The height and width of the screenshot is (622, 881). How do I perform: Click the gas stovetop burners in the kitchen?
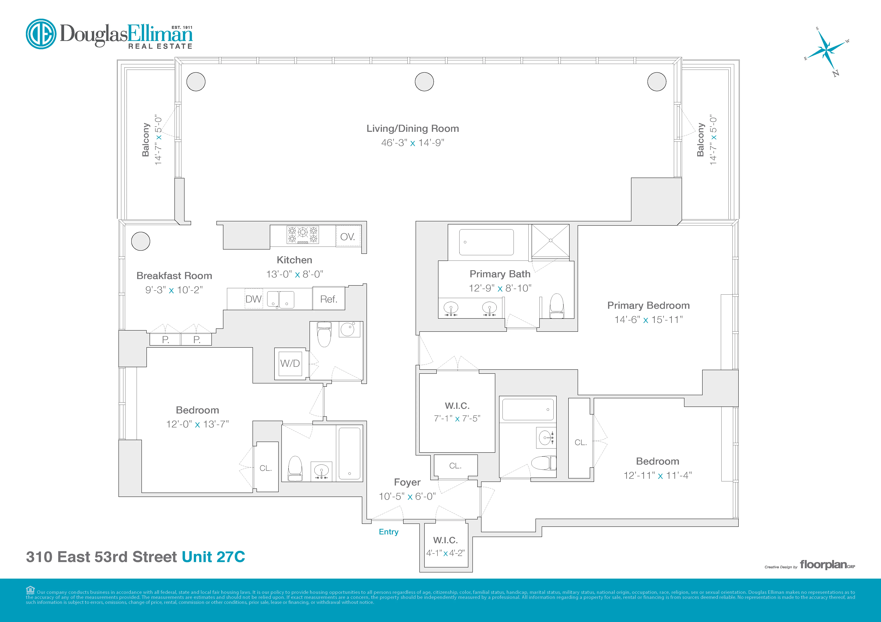303,235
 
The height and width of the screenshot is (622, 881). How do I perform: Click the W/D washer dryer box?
290,363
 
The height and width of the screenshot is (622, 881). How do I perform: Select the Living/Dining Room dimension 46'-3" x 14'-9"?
413,143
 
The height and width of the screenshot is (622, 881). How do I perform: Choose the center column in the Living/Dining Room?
424,82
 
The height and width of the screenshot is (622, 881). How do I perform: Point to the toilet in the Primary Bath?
557,306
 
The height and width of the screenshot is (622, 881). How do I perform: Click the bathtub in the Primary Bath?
487,242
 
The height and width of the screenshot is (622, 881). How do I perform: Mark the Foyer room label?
407,482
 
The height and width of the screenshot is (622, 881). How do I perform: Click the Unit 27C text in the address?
213,557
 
